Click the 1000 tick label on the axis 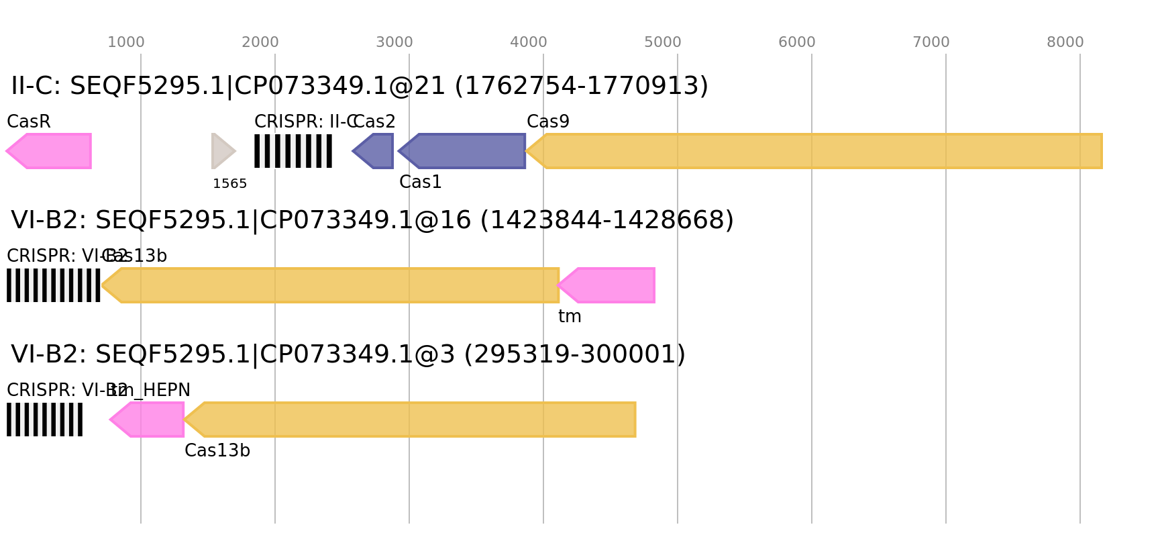pyautogui.click(x=126, y=42)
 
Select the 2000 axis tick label pyautogui.click(x=260, y=42)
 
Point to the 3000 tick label pyautogui.click(x=394, y=42)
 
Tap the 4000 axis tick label pyautogui.click(x=529, y=42)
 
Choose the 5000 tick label pyautogui.click(x=663, y=42)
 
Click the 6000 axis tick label pyautogui.click(x=797, y=42)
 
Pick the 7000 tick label pyautogui.click(x=931, y=42)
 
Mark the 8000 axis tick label pyautogui.click(x=1065, y=42)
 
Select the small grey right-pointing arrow pyautogui.click(x=223, y=151)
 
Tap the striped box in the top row pyautogui.click(x=293, y=151)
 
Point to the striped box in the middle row pyautogui.click(x=54, y=285)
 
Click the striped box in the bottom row pyautogui.click(x=45, y=420)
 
